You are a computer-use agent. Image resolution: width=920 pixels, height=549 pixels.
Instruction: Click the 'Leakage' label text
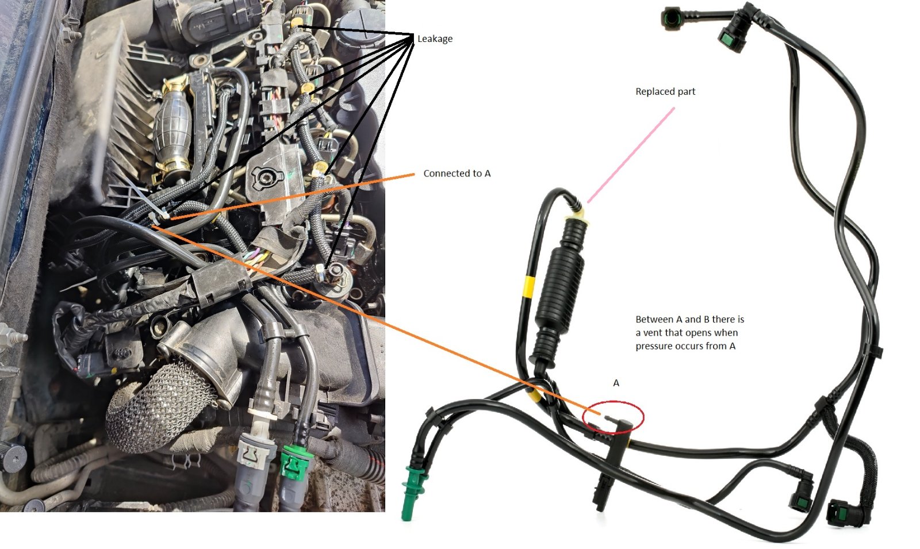[435, 39]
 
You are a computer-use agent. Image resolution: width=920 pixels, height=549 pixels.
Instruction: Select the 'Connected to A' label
[457, 174]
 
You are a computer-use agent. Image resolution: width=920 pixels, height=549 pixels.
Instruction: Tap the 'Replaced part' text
[665, 91]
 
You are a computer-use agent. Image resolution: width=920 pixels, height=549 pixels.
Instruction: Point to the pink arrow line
[631, 155]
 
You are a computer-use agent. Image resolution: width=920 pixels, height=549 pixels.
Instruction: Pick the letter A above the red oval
[616, 383]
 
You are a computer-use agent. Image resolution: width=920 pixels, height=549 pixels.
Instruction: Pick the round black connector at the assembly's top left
[672, 19]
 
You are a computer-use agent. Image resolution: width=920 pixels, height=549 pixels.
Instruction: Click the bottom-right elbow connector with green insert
[845, 511]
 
